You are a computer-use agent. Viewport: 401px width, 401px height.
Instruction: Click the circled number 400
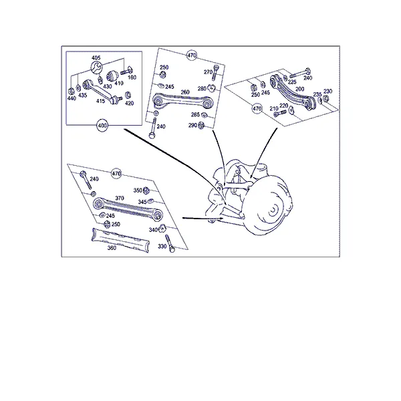point(102,126)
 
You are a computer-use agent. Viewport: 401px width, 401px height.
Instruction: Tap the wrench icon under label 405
point(97,68)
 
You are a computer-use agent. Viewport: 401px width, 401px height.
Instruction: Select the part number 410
point(119,83)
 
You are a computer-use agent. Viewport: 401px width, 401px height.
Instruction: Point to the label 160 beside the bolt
point(132,78)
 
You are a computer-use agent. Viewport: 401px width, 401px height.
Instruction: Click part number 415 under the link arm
point(100,101)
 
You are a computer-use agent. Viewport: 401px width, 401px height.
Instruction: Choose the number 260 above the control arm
point(185,92)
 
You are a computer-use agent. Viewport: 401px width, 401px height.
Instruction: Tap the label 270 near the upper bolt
point(208,72)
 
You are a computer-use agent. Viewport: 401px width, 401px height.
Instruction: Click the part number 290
point(192,126)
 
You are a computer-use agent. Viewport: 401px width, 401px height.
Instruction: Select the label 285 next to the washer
point(195,114)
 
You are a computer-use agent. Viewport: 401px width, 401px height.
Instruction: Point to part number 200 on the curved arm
point(299,89)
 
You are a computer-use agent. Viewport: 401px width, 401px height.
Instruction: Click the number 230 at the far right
point(328,92)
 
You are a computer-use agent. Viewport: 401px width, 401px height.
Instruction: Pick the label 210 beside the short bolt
point(274,109)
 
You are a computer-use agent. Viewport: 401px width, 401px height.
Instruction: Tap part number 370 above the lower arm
point(120,198)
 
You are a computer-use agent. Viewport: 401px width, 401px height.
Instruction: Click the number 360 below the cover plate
point(112,248)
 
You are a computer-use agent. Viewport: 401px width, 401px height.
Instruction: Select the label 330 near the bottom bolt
point(162,246)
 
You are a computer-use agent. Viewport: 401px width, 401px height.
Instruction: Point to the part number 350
point(138,190)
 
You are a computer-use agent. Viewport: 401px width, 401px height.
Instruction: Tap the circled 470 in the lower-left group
point(116,174)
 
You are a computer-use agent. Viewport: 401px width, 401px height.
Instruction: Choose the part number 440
point(72,98)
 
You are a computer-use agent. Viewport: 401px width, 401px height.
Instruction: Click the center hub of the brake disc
point(273,210)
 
